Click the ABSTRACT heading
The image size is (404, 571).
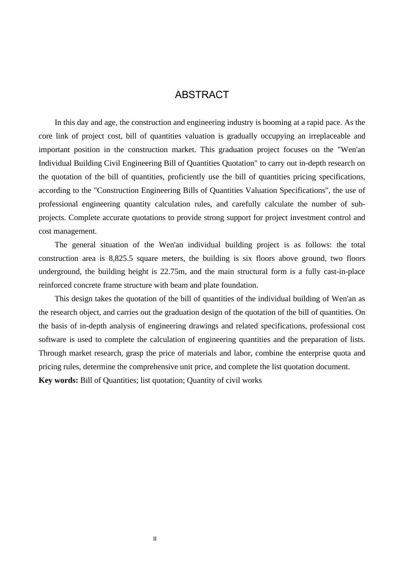pyautogui.click(x=202, y=95)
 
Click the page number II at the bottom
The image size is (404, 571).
pyautogui.click(x=155, y=539)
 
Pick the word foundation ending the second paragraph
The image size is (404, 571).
pyautogui.click(x=240, y=285)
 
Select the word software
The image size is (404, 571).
pyautogui.click(x=52, y=339)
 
